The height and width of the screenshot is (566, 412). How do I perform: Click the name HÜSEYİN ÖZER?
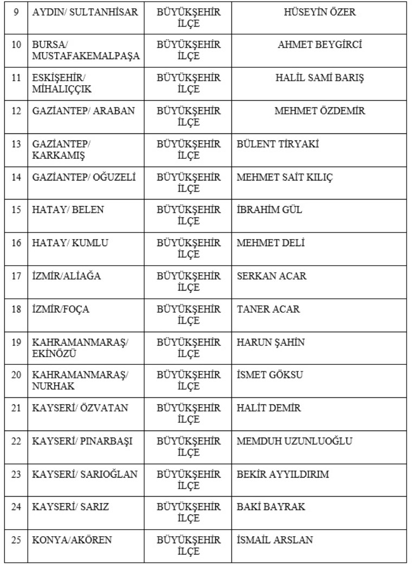coord(319,12)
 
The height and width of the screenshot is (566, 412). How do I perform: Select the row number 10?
coord(16,45)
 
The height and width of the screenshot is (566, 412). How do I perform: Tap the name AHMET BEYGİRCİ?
coord(319,45)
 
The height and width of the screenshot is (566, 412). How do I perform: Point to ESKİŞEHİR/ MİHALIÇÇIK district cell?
coord(62,83)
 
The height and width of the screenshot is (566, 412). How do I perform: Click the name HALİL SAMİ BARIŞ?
coord(319,78)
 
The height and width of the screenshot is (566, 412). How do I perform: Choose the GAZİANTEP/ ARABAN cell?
coord(83,111)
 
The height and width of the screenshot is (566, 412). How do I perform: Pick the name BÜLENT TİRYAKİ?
coord(278,144)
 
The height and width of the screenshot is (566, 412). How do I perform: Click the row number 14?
coord(16,177)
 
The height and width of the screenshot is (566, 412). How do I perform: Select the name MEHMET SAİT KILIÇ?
coord(285,177)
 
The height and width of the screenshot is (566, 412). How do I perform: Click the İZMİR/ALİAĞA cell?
coord(66,276)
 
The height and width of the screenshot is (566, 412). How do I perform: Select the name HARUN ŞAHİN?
coord(271,343)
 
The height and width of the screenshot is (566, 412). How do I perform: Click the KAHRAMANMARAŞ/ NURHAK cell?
coord(80,381)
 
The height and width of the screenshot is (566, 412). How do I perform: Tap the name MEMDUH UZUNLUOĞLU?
coord(294,441)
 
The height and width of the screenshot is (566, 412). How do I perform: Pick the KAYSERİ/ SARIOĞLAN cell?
coord(85,474)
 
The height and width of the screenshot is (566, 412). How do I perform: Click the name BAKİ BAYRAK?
coord(271,507)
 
